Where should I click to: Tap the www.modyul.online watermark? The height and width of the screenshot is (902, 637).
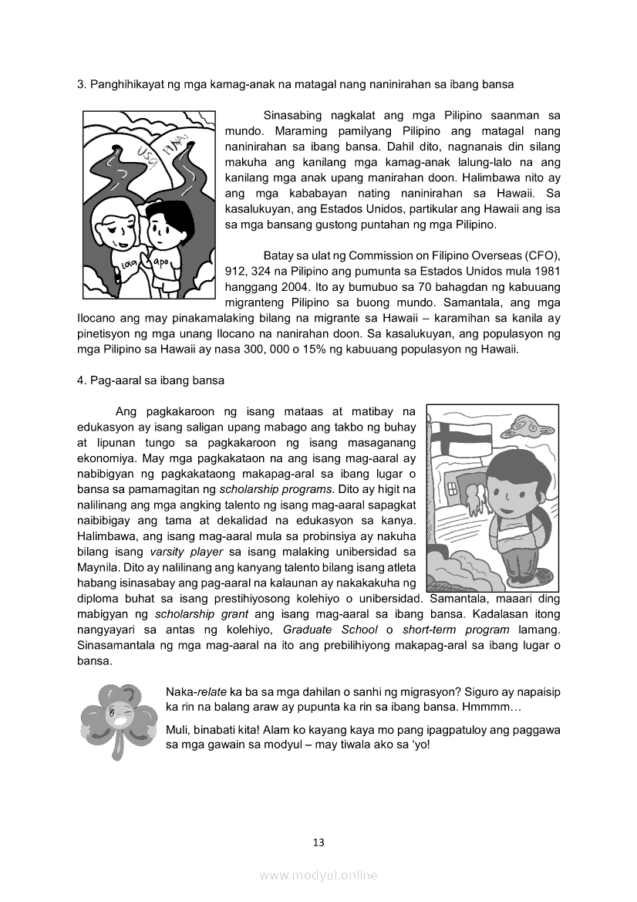318,875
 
